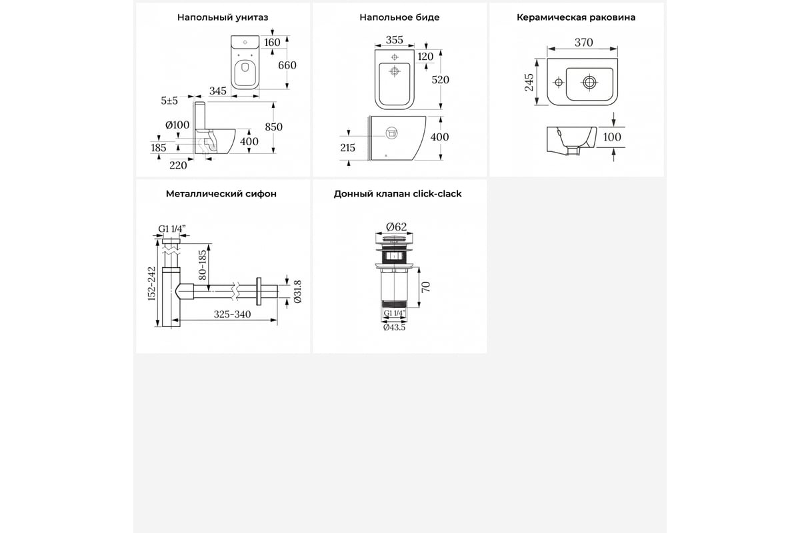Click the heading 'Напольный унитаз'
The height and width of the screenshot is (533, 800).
pos(223,17)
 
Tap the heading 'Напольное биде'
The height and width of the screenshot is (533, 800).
pos(399,17)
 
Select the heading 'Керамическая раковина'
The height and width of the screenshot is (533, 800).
pos(576,17)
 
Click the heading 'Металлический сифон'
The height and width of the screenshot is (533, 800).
pos(221,194)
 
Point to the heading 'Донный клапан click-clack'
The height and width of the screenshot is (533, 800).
pos(397,194)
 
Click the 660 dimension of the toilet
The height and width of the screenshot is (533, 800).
pos(287,65)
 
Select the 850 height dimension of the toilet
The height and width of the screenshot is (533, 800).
pos(273,127)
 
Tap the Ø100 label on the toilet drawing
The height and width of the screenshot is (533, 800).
pos(177,125)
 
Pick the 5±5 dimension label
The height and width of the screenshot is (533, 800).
pos(169,101)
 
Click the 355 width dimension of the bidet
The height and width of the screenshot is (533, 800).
pos(394,40)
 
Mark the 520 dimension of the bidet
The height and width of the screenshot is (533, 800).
pos(440,79)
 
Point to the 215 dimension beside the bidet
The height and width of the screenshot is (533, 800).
pos(347,148)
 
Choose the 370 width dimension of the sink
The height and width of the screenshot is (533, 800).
pos(583,43)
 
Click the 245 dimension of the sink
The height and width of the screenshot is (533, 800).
pos(529,83)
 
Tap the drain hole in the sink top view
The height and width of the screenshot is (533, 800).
pos(589,83)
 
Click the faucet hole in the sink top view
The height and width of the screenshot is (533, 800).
pos(559,83)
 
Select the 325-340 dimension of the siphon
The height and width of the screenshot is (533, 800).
pos(232,314)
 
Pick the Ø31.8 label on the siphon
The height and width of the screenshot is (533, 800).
pos(298,292)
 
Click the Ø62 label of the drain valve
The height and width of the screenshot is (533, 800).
pos(396,227)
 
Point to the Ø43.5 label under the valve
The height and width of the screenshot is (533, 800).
pos(394,327)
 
